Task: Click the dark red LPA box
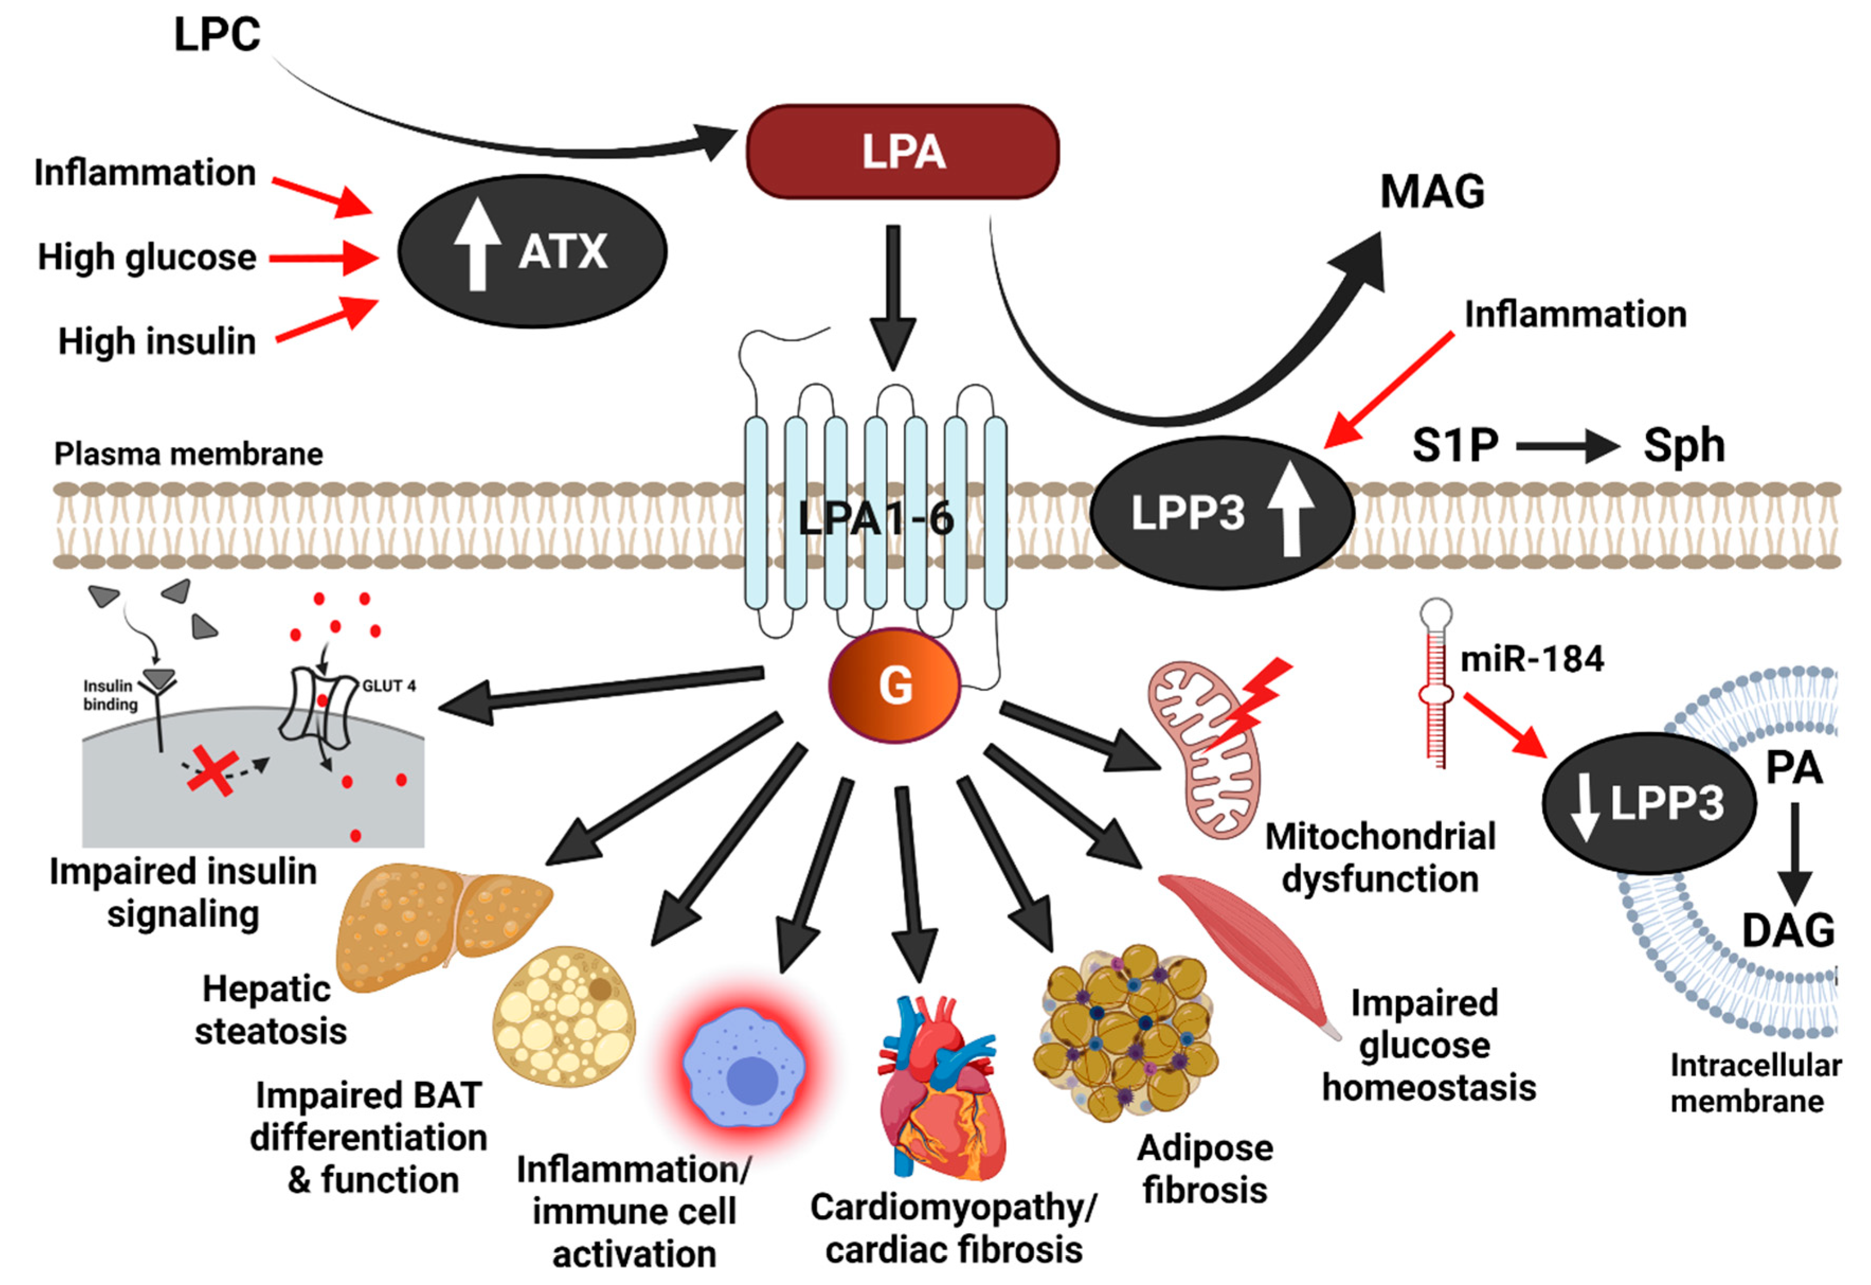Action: click(x=902, y=151)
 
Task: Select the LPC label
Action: click(x=218, y=34)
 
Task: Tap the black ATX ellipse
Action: click(x=532, y=251)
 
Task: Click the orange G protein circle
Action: click(x=895, y=685)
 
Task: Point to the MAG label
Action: click(x=1432, y=192)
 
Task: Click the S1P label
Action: click(x=1456, y=445)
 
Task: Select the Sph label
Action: click(x=1684, y=445)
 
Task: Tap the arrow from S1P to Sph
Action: click(x=1568, y=446)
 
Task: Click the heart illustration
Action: click(x=942, y=1087)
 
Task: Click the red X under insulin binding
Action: click(x=212, y=770)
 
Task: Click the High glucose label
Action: click(x=147, y=258)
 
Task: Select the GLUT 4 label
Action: click(x=389, y=686)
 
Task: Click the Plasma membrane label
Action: click(x=188, y=454)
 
